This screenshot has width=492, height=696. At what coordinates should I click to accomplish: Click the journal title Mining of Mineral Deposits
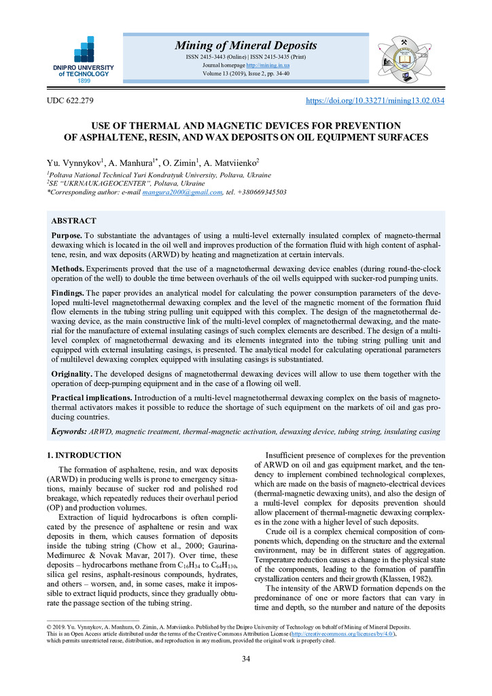coord(245,46)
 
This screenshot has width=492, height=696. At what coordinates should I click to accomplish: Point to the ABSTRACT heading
coord(74,221)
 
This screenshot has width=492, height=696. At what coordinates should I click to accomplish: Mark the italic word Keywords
coord(69,432)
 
